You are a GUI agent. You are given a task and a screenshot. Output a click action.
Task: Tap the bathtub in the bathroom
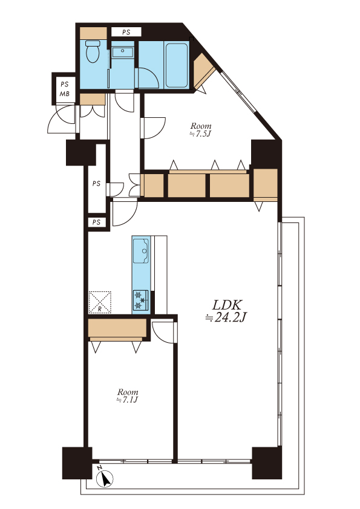(x=177, y=65)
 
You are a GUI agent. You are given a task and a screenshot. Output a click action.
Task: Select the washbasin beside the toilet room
(x=122, y=52)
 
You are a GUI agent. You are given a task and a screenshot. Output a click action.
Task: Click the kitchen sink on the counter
(x=141, y=251)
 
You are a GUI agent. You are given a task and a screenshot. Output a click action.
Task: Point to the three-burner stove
(x=141, y=300)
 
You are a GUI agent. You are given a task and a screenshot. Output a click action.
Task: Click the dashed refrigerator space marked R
(x=100, y=302)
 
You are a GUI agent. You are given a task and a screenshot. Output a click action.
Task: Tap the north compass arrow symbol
(x=105, y=478)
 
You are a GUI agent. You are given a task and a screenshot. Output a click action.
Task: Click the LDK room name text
(x=227, y=305)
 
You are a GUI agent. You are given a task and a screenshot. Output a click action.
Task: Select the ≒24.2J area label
(x=226, y=318)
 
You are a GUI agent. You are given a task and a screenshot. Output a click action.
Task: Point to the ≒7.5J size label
(x=200, y=134)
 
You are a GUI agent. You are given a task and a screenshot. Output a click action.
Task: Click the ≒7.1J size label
(x=128, y=400)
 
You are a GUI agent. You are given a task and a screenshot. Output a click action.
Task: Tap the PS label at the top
(x=126, y=32)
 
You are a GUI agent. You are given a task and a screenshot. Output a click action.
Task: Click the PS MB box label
(x=65, y=89)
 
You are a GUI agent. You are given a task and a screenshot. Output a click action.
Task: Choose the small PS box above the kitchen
(x=96, y=222)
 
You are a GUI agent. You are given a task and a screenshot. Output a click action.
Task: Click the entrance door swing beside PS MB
(x=62, y=119)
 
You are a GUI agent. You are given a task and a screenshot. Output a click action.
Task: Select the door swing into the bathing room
(x=147, y=78)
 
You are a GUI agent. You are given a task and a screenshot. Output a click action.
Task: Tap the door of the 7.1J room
(x=164, y=332)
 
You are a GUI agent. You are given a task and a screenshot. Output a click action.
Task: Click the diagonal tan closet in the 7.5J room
(x=203, y=71)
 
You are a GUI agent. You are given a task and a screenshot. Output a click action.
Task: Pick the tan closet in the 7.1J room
(x=117, y=328)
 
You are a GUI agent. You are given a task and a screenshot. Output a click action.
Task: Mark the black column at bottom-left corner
(x=77, y=463)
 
